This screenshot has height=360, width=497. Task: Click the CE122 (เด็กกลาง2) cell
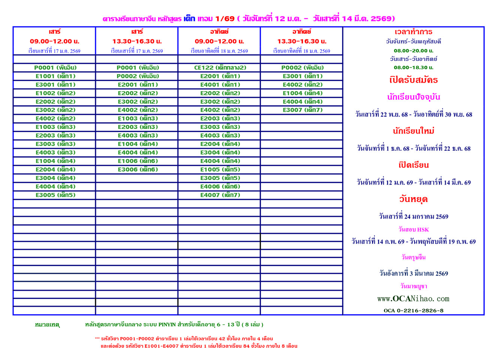[x=220, y=67]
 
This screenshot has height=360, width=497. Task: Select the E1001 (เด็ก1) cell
[x=55, y=76]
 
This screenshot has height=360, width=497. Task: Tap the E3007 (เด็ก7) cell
[x=302, y=110]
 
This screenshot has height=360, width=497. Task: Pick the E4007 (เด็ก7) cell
[x=220, y=195]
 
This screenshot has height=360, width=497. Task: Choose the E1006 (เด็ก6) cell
[x=138, y=161]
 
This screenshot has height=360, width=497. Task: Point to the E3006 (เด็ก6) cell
[x=138, y=169]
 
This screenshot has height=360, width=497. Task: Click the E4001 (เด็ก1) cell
[x=220, y=85]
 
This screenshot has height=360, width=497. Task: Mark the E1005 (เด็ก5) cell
[x=220, y=169]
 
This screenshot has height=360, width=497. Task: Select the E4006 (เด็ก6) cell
[x=220, y=186]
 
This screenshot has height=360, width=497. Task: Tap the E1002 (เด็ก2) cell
[x=55, y=93]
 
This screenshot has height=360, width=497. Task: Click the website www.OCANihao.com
[x=413, y=299]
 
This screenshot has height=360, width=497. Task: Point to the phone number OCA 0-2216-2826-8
[x=413, y=310]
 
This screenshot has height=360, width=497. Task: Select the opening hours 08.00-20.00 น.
[x=413, y=51]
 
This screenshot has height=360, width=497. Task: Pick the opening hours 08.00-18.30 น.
[x=413, y=67]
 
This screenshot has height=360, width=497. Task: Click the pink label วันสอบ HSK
[x=413, y=229]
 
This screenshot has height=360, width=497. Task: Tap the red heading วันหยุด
[x=413, y=199]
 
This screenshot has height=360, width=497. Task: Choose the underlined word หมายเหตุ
[x=47, y=325]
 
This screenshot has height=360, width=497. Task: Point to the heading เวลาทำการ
[x=413, y=32]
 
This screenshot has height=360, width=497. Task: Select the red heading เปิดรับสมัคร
[x=413, y=80]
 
